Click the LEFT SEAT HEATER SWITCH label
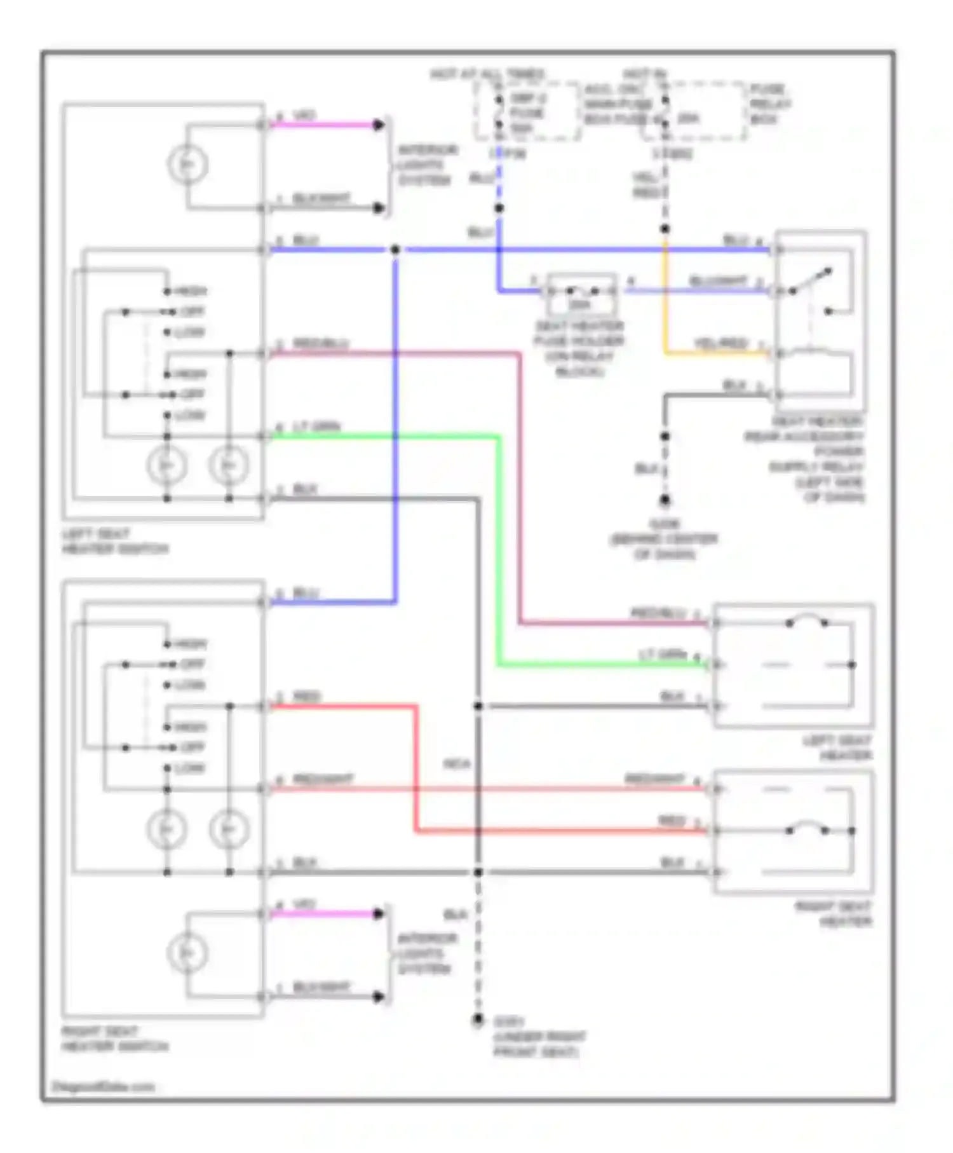tap(114, 541)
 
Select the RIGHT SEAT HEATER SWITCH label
tap(114, 1039)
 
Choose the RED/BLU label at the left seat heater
tap(658, 613)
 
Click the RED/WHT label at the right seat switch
tap(322, 779)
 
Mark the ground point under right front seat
tap(478, 1020)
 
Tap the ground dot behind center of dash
tap(665, 501)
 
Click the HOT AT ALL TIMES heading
tap(487, 74)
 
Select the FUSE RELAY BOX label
tap(769, 104)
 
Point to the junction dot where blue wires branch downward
tap(395, 250)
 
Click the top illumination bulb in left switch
tap(187, 165)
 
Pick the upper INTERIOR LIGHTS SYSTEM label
tap(426, 165)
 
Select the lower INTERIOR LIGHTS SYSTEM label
tap(426, 954)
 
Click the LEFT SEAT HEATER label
tap(837, 748)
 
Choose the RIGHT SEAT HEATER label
tap(834, 914)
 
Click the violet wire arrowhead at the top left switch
tap(379, 125)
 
